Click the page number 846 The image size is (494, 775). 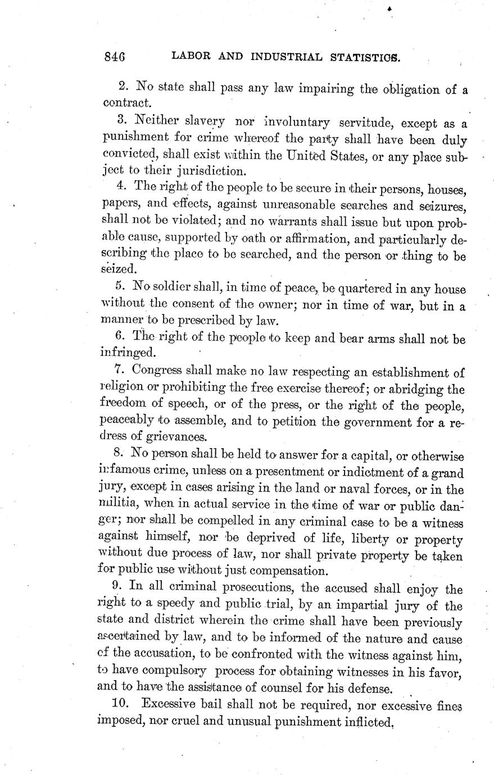114,57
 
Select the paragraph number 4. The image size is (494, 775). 124,186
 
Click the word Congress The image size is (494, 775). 157,371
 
